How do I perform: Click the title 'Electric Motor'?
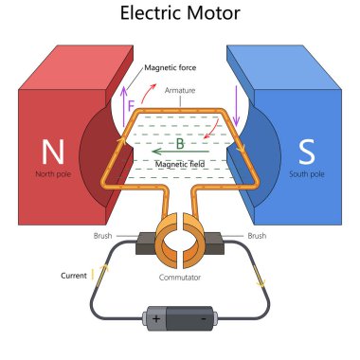click(x=180, y=14)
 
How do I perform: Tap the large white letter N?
click(x=52, y=152)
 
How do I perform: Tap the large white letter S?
click(x=306, y=152)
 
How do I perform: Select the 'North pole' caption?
click(x=52, y=174)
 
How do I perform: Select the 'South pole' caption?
click(x=306, y=174)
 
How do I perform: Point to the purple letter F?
click(x=131, y=105)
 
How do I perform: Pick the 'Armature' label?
click(x=179, y=90)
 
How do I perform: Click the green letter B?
click(x=180, y=145)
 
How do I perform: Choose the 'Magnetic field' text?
click(x=180, y=164)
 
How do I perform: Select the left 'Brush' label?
click(x=103, y=235)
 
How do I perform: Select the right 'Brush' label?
click(x=256, y=235)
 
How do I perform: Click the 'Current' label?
click(x=73, y=276)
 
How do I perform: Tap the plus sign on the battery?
click(x=155, y=318)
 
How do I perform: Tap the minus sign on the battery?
click(x=205, y=318)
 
